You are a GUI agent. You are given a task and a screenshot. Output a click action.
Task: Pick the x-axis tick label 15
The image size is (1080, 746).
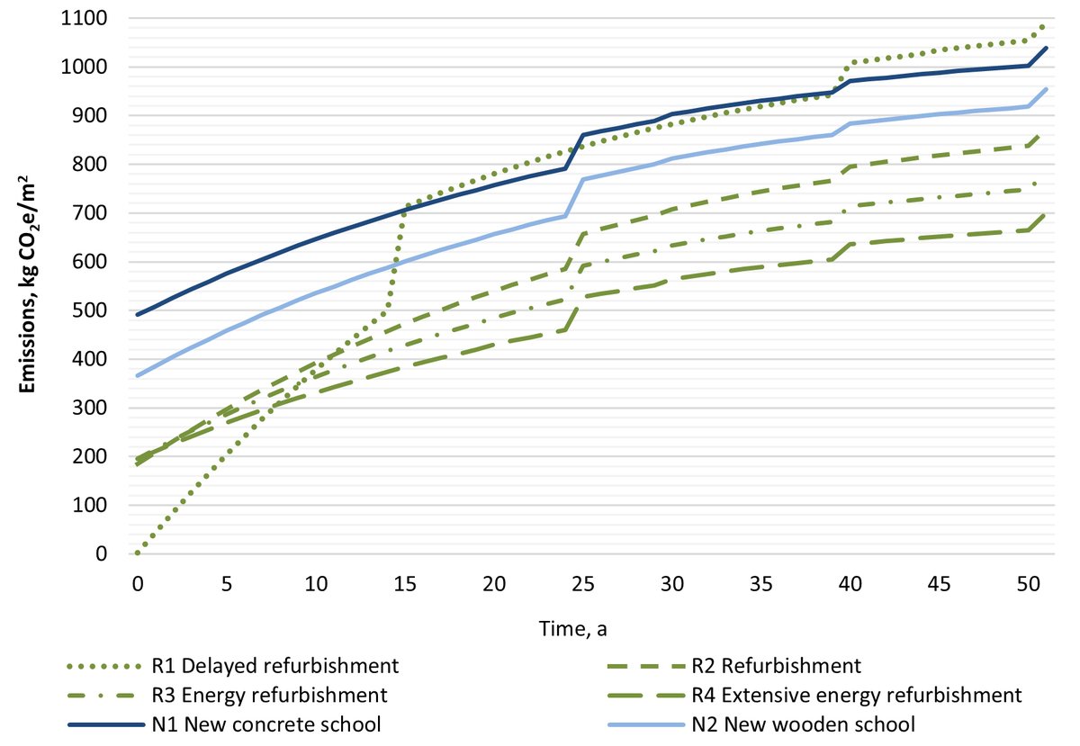pos(404,584)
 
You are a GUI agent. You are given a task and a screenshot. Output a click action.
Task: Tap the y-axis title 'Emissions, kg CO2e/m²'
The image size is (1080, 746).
pos(29,286)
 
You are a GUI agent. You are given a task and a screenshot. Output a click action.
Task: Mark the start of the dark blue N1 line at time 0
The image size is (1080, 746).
pos(137,314)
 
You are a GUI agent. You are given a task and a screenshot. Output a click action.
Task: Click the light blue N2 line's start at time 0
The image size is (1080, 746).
pos(137,375)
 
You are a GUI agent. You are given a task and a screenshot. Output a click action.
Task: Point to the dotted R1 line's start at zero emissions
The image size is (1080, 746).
pos(137,553)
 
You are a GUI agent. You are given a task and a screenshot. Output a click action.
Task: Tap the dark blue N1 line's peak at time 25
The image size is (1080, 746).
pos(583,135)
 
